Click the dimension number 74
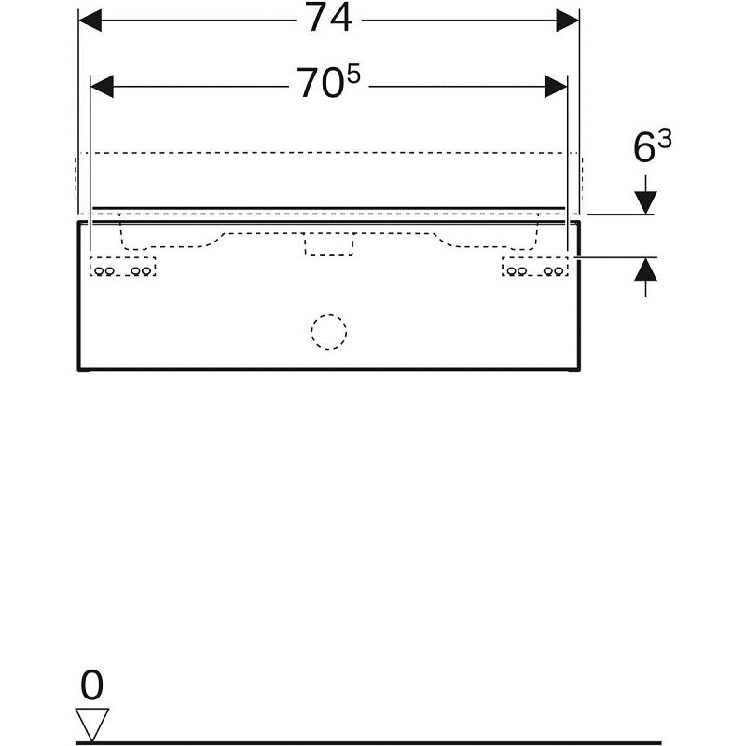pos(329,18)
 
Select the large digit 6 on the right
pos(645,148)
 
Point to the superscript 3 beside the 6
pos(665,139)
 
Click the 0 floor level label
pos(91,685)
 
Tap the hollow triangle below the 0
pos(91,724)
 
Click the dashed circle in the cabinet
pos(329,332)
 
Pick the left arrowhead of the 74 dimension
pos(90,21)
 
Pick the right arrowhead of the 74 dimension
pos(568,21)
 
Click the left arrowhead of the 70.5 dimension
pos(102,87)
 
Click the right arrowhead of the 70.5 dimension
pos(556,87)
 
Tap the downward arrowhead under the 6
pos(645,202)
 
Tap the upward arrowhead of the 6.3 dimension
pos(645,269)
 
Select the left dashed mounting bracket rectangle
pos(123,267)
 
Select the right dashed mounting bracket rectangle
pos(535,267)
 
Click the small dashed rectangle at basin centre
pos(329,244)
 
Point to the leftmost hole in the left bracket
pos(100,271)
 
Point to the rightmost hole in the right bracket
pos(559,271)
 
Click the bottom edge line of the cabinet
pos(329,368)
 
